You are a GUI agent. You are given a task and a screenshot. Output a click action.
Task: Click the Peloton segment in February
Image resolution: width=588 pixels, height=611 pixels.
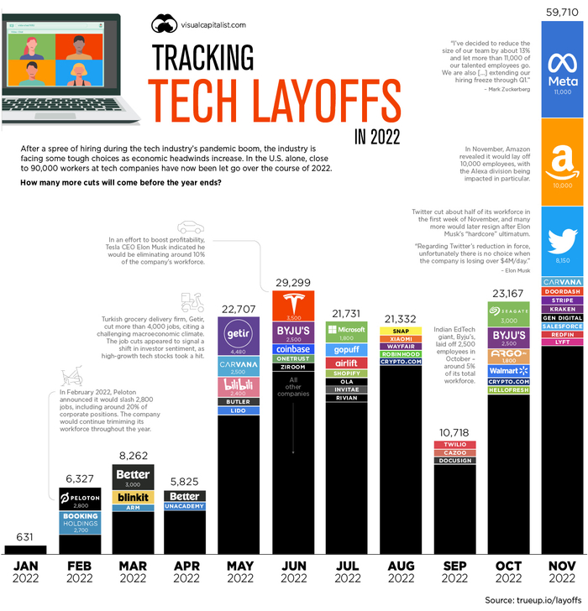point(79,501)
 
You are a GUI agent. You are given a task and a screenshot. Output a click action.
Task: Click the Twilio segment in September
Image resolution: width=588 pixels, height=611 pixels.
point(454,443)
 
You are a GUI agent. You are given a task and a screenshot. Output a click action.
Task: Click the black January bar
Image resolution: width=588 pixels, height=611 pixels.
point(25,549)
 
